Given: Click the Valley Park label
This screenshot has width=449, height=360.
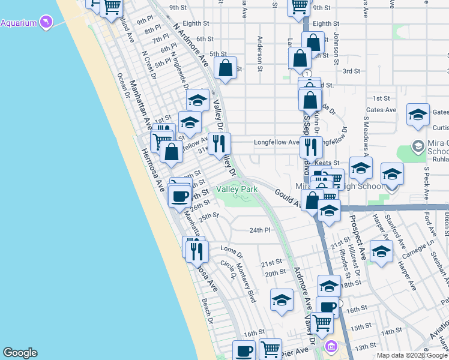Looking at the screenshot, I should tap(237, 189).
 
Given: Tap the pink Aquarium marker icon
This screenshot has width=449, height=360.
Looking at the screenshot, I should tap(46, 22).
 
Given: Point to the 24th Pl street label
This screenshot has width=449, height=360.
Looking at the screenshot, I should tap(261, 230).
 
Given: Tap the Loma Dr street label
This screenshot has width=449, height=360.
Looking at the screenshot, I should tap(231, 248).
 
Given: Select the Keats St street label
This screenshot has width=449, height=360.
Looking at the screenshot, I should tap(328, 163).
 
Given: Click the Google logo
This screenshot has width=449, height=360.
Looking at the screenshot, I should tap(20, 353).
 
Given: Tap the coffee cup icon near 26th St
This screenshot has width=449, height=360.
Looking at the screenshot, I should tap(180, 196).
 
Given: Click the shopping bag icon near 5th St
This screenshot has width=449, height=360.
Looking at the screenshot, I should tap(225, 70).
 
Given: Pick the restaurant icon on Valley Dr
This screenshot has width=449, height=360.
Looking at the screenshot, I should tap(219, 144).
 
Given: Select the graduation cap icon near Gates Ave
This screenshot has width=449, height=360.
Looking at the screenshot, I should tap(418, 115).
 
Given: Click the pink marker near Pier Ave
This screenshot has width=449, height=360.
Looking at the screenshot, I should tap(331, 346).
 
